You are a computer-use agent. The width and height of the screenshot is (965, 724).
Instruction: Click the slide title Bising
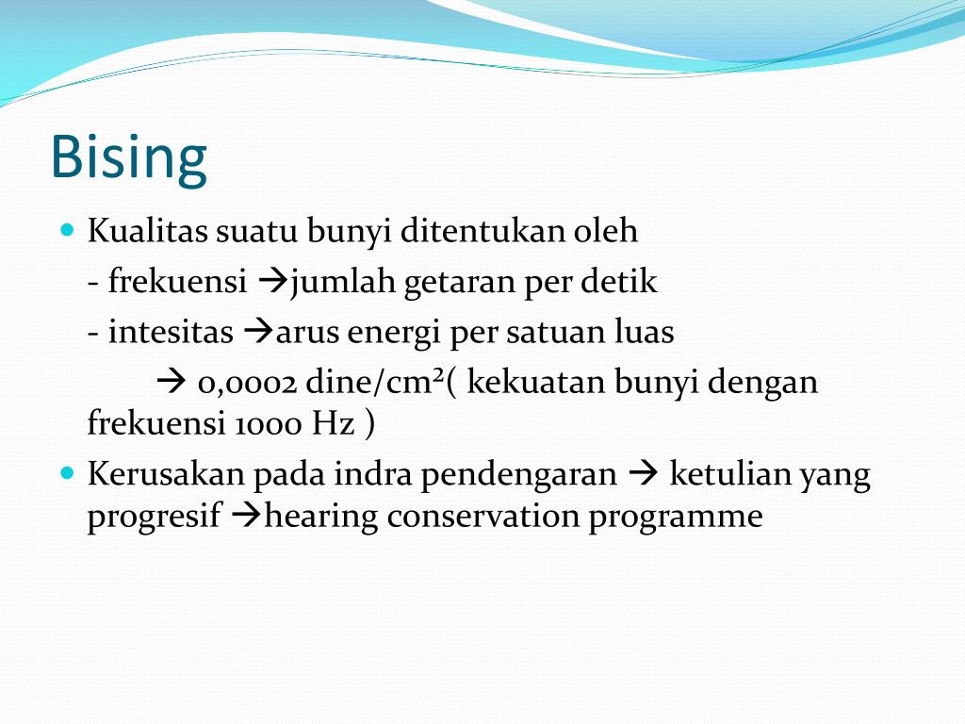tap(128, 156)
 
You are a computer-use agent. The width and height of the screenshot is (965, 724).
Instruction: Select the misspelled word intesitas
tap(171, 333)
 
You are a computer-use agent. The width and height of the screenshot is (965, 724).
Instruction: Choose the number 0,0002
tap(248, 384)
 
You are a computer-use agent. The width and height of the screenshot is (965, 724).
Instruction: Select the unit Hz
tap(335, 424)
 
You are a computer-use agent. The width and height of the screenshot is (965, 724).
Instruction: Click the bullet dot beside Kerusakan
tap(67, 471)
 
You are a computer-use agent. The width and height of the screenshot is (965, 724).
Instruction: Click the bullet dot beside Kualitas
tap(67, 229)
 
